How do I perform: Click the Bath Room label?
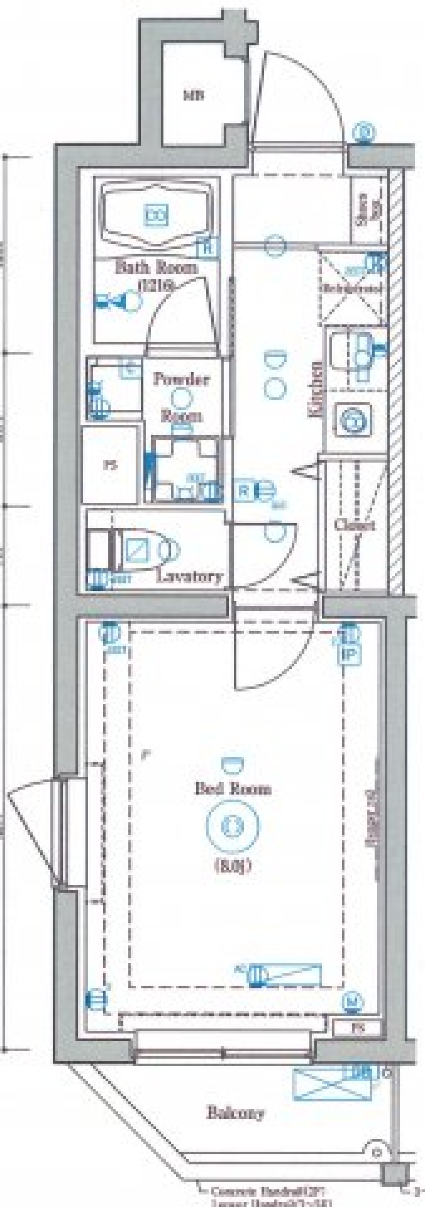156,269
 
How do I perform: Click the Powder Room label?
182,379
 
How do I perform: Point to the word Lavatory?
189,576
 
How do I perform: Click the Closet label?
355,525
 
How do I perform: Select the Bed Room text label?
233,789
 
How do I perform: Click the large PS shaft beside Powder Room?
111,465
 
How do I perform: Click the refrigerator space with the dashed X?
351,288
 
